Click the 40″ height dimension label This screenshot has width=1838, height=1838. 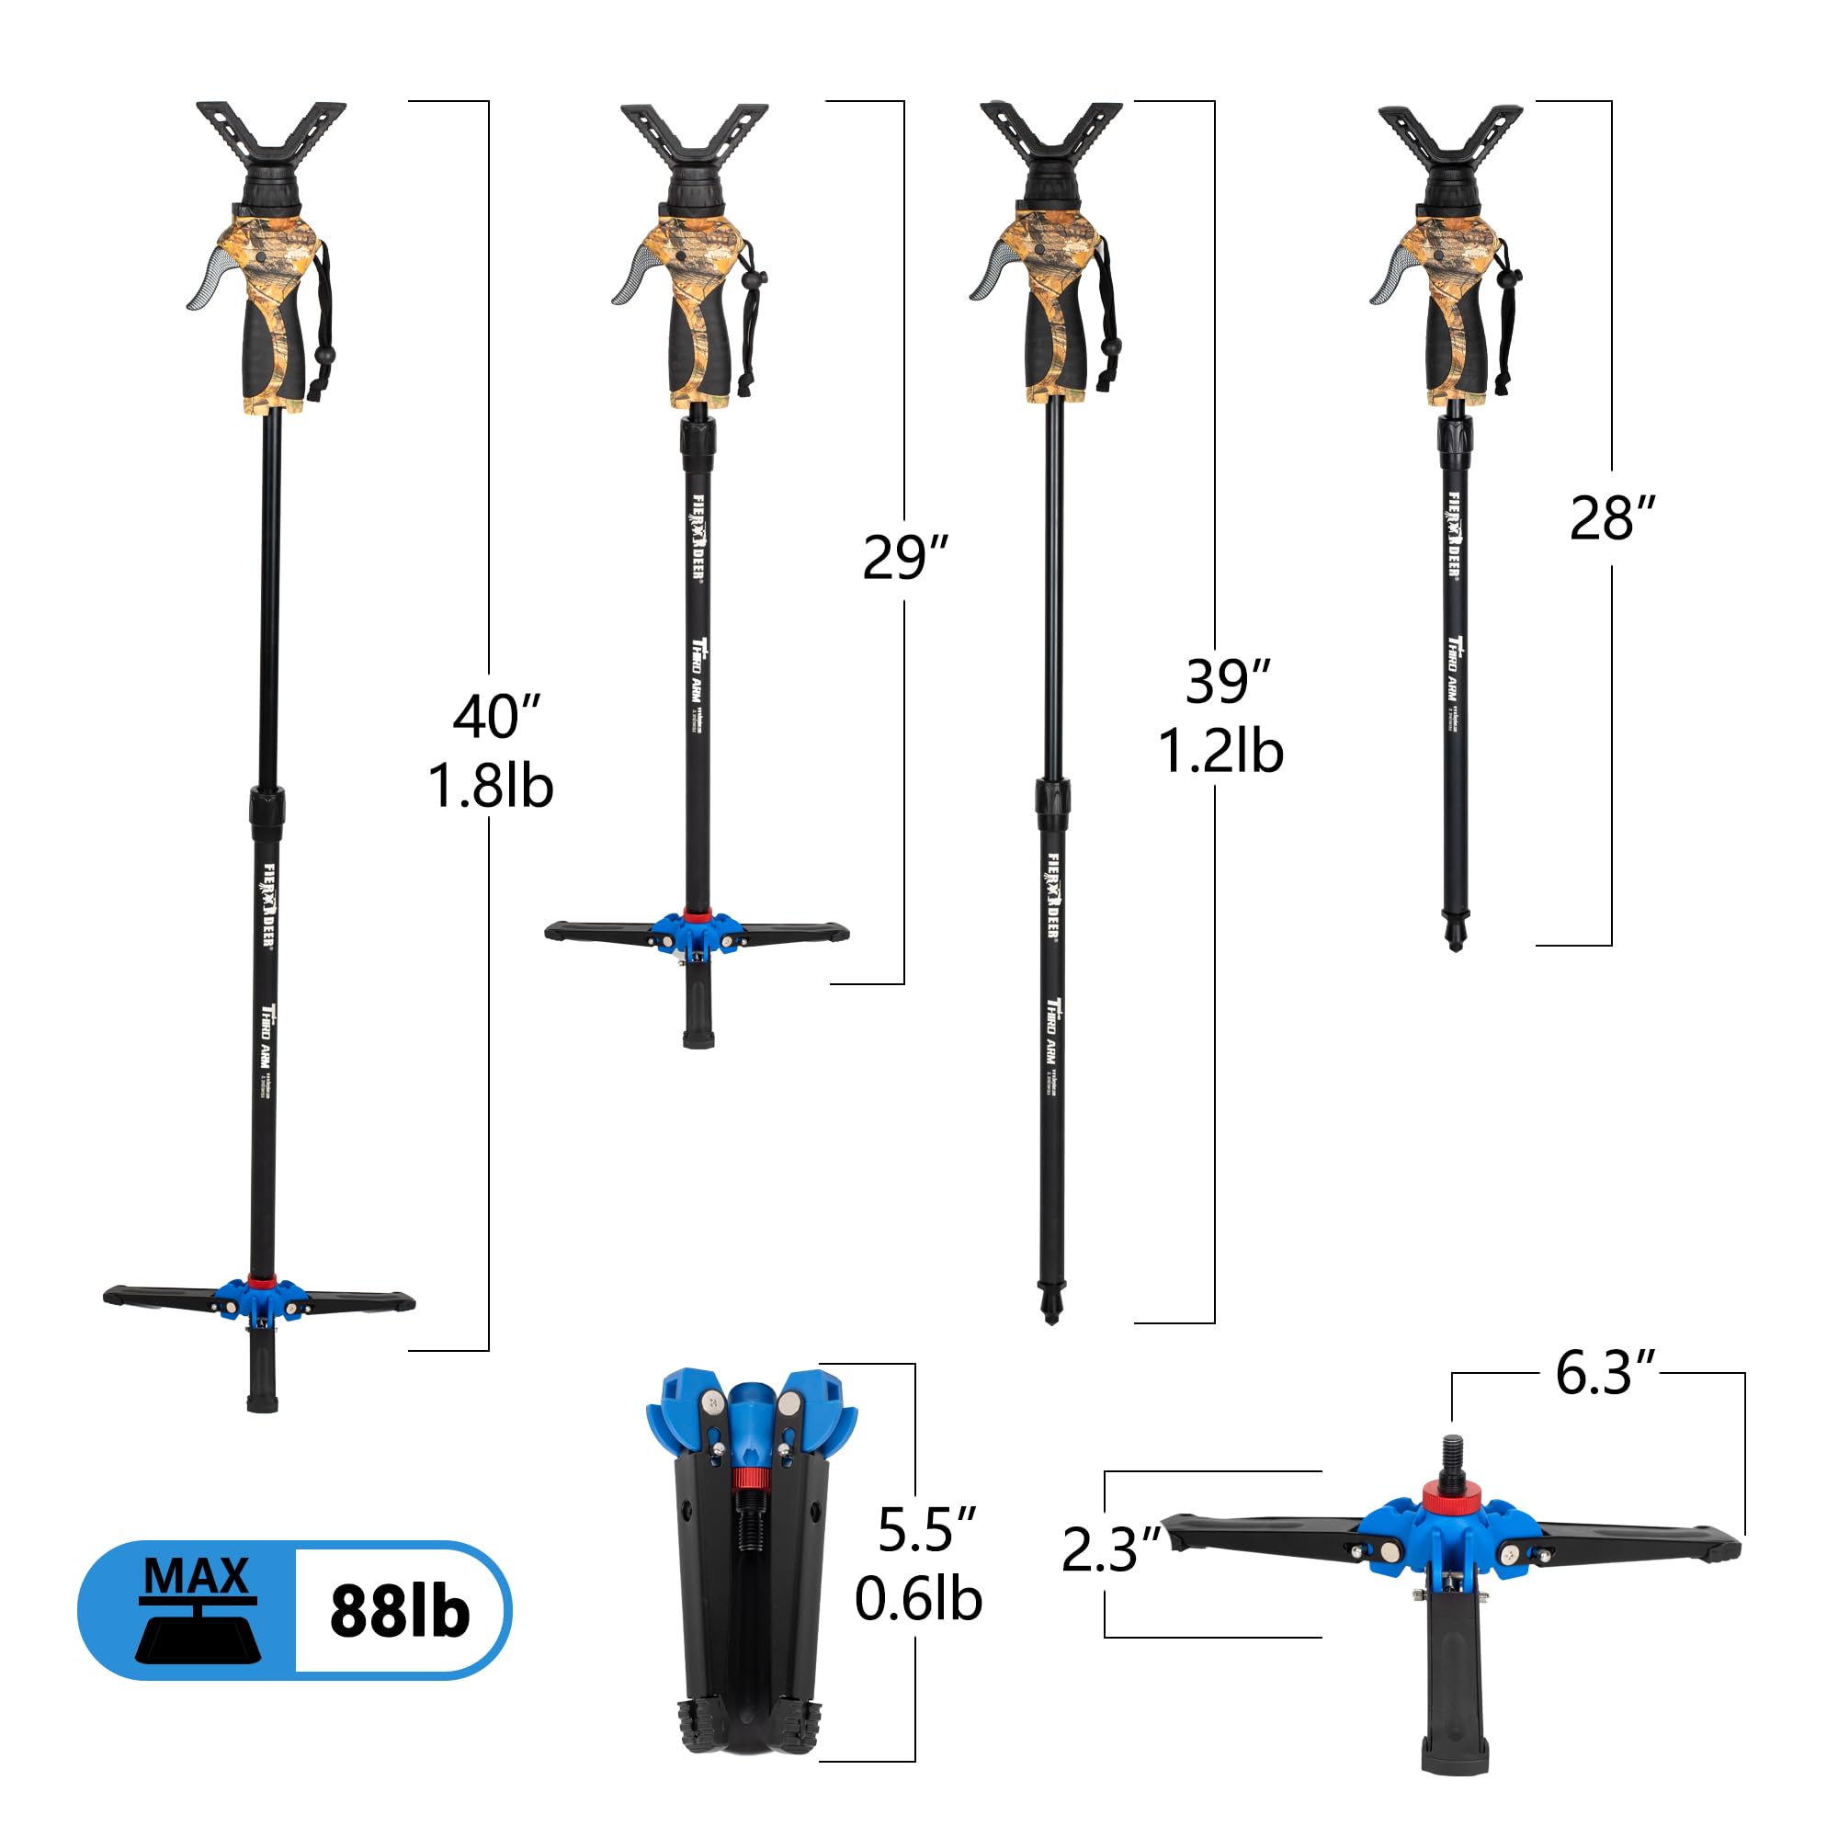coord(495,718)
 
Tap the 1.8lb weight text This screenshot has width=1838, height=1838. coord(490,786)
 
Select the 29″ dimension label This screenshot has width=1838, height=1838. coord(904,558)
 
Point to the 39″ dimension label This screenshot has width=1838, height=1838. coord(1227,681)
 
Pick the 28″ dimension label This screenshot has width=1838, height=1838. coord(1612,518)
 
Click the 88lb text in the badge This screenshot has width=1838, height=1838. coord(400,1611)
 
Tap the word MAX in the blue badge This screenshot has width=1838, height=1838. coord(197,1575)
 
